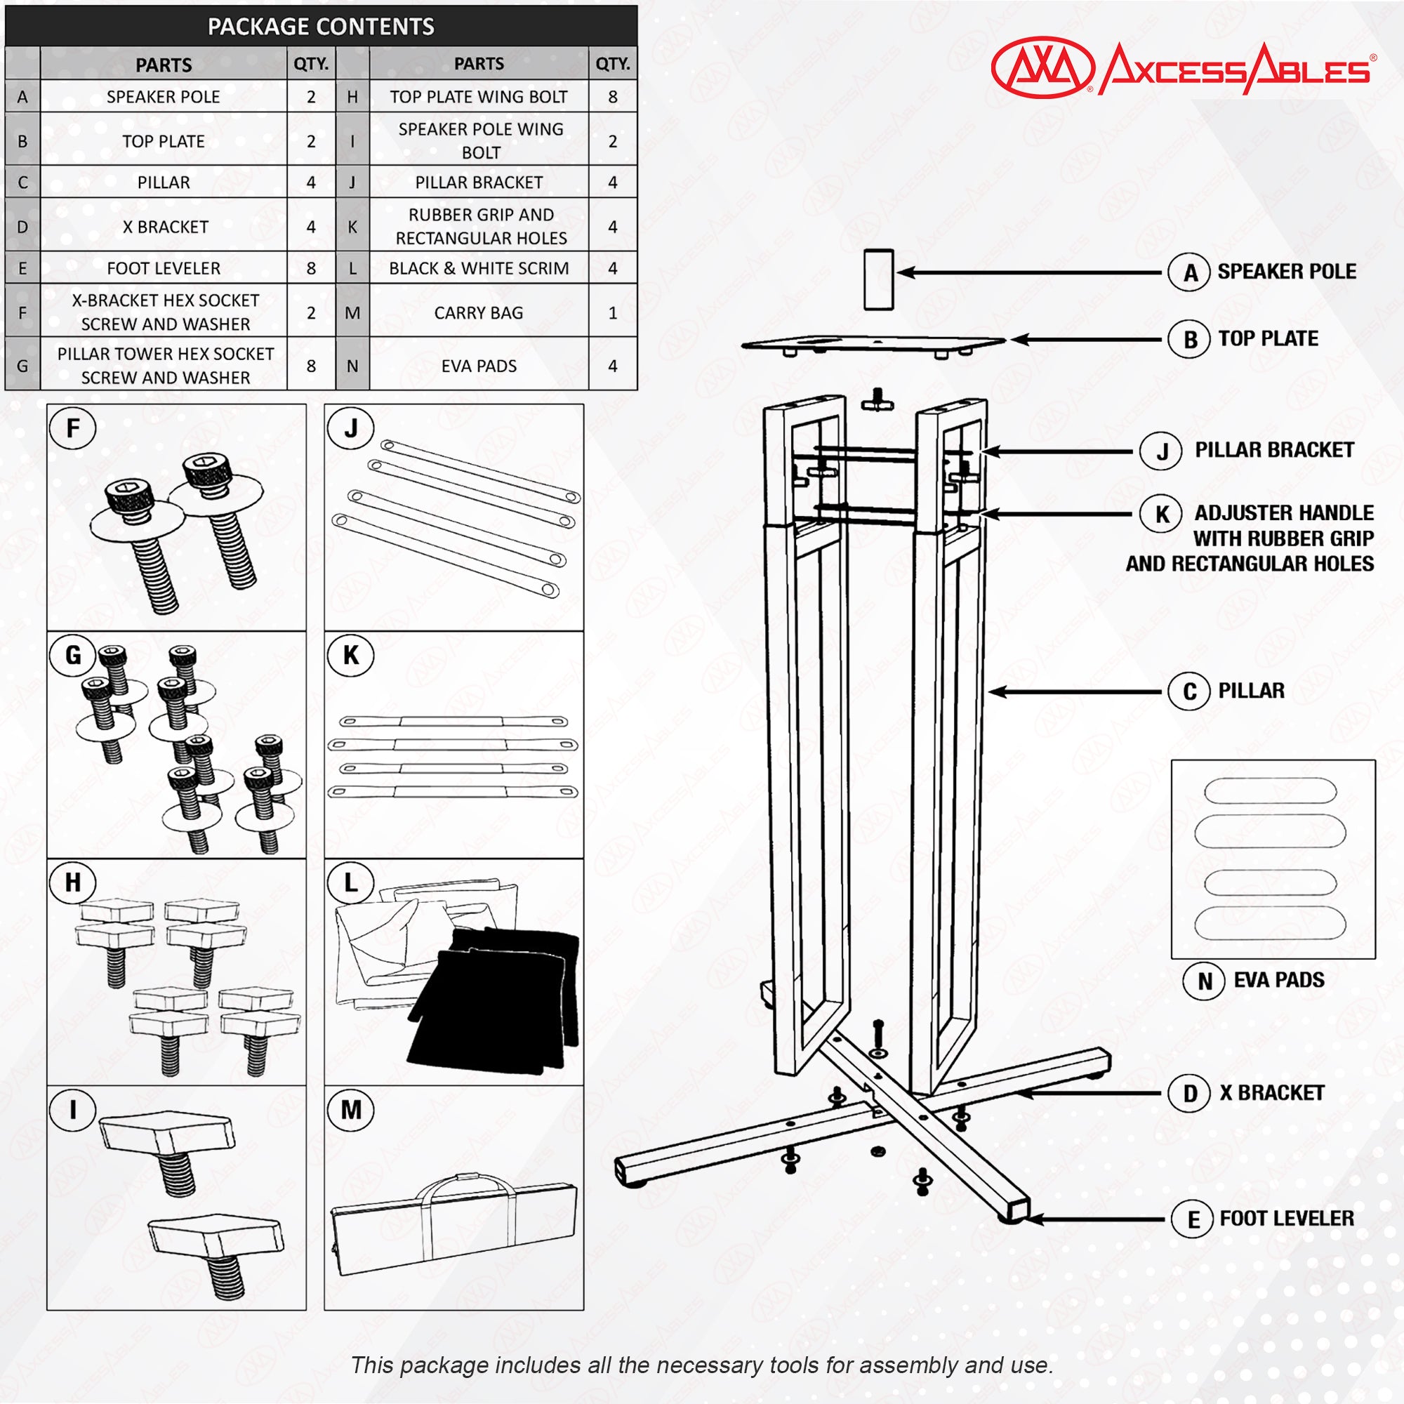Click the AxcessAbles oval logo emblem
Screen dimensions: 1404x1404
(1042, 67)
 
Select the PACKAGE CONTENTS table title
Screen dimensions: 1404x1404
(321, 27)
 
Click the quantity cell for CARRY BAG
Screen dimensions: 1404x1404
(612, 312)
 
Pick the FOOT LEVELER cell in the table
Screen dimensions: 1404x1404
(164, 268)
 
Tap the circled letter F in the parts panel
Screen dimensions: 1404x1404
(73, 428)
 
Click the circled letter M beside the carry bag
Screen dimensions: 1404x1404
(351, 1110)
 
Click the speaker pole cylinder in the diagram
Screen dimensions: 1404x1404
(878, 279)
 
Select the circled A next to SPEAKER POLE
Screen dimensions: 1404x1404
(1189, 272)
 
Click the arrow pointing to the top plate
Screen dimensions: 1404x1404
(1086, 339)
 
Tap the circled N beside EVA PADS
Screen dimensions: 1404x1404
(1205, 981)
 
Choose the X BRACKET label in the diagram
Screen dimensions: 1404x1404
(1272, 1093)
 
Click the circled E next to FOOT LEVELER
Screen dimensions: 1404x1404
(1193, 1219)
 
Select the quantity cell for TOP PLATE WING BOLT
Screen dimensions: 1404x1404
(612, 97)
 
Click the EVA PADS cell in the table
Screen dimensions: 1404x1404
(478, 366)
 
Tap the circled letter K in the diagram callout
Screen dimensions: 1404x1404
(1162, 514)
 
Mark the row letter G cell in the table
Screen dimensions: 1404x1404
(22, 366)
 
